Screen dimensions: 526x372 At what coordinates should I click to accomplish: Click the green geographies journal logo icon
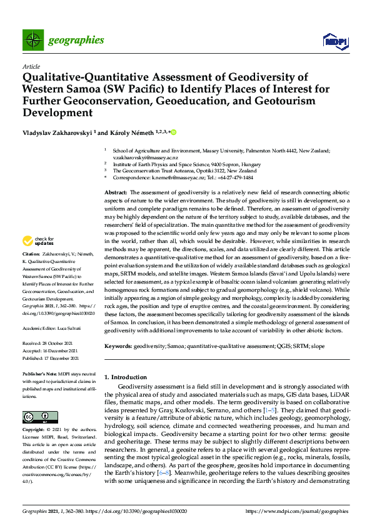(x=32, y=40)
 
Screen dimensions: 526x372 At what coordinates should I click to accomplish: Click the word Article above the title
(x=31, y=66)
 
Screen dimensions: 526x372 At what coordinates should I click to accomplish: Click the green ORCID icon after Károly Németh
(x=173, y=132)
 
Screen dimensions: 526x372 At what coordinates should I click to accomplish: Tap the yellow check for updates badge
(x=37, y=241)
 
